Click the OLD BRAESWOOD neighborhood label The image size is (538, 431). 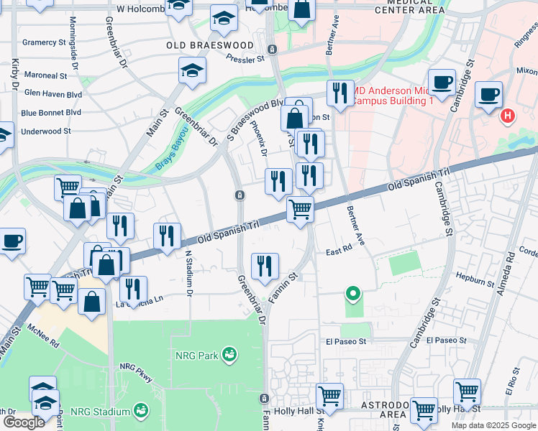pyautogui.click(x=209, y=45)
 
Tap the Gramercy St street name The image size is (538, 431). pyautogui.click(x=44, y=42)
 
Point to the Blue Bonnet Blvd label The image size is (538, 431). pyautogui.click(x=50, y=113)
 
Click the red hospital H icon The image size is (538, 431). pyautogui.click(x=508, y=115)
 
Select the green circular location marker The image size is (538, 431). pyautogui.click(x=352, y=292)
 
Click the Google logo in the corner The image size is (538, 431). pyautogui.click(x=24, y=422)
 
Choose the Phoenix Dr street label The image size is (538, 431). pyautogui.click(x=260, y=138)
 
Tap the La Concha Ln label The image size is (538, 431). pyautogui.click(x=141, y=305)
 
